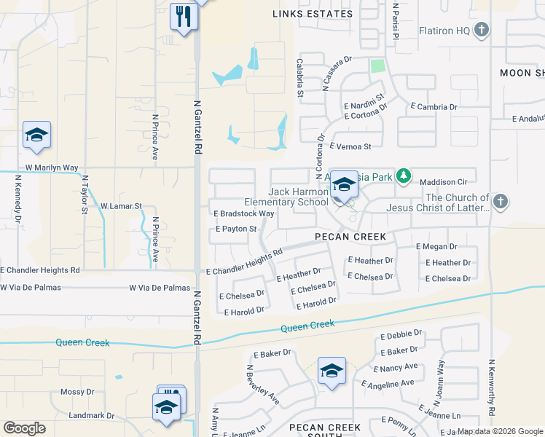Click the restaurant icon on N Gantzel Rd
point(183,15)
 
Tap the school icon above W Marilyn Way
point(36,135)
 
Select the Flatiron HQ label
point(444,31)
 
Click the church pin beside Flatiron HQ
point(481,30)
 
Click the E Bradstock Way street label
point(243,214)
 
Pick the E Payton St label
point(237,229)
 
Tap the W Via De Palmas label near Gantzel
point(160,288)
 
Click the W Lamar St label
point(121,207)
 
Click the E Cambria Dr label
point(434,106)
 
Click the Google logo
point(24,428)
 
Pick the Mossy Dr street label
point(77,392)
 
